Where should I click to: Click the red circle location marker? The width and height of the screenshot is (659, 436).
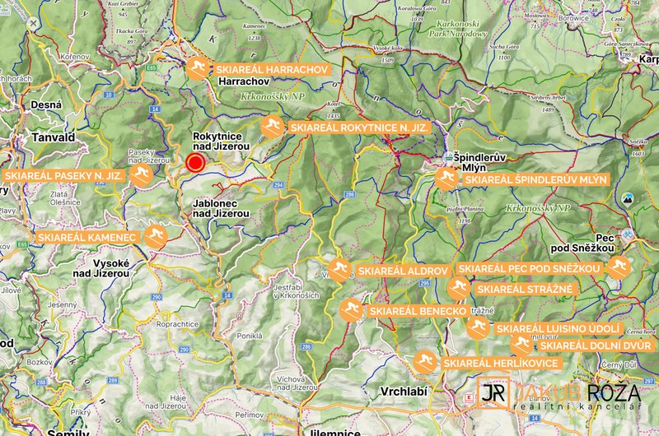coord(195,163)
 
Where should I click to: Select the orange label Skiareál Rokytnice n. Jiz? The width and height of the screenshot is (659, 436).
coord(358,128)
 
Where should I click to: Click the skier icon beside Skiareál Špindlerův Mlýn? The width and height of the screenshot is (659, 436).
coord(446,179)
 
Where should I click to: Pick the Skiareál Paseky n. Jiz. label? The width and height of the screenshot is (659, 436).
coord(63,176)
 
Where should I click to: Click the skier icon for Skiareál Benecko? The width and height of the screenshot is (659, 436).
coord(350,311)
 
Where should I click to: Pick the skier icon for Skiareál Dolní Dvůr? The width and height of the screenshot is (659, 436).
coord(521,346)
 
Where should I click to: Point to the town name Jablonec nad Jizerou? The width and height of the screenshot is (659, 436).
coord(220,208)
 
